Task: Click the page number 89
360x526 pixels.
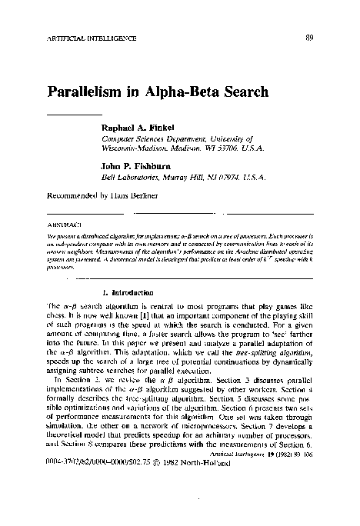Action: point(308,37)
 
